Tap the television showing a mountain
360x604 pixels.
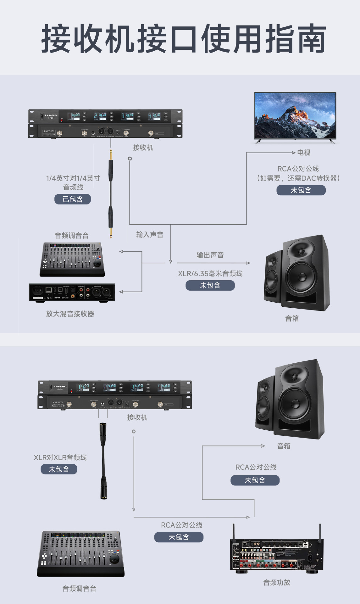pyautogui.click(x=295, y=116)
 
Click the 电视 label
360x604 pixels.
pyautogui.click(x=304, y=153)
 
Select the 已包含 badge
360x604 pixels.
pyautogui.click(x=73, y=199)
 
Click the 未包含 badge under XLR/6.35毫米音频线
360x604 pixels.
pyautogui.click(x=210, y=285)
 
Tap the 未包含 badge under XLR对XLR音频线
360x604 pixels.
pyautogui.click(x=59, y=469)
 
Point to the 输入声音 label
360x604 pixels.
pyautogui.click(x=150, y=235)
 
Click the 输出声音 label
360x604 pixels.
pyautogui.click(x=210, y=255)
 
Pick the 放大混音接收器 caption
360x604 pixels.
pyautogui.click(x=70, y=314)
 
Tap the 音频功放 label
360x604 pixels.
pyautogui.click(x=277, y=582)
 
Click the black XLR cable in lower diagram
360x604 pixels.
pyautogui.click(x=103, y=461)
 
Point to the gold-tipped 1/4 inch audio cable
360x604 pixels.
pyautogui.click(x=111, y=193)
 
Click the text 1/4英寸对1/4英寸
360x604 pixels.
pyautogui.click(x=73, y=178)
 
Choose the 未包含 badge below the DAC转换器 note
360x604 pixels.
pyautogui.click(x=301, y=190)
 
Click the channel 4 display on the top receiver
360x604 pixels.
pyautogui.click(x=156, y=116)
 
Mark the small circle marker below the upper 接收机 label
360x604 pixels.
pyautogui.click(x=130, y=159)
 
